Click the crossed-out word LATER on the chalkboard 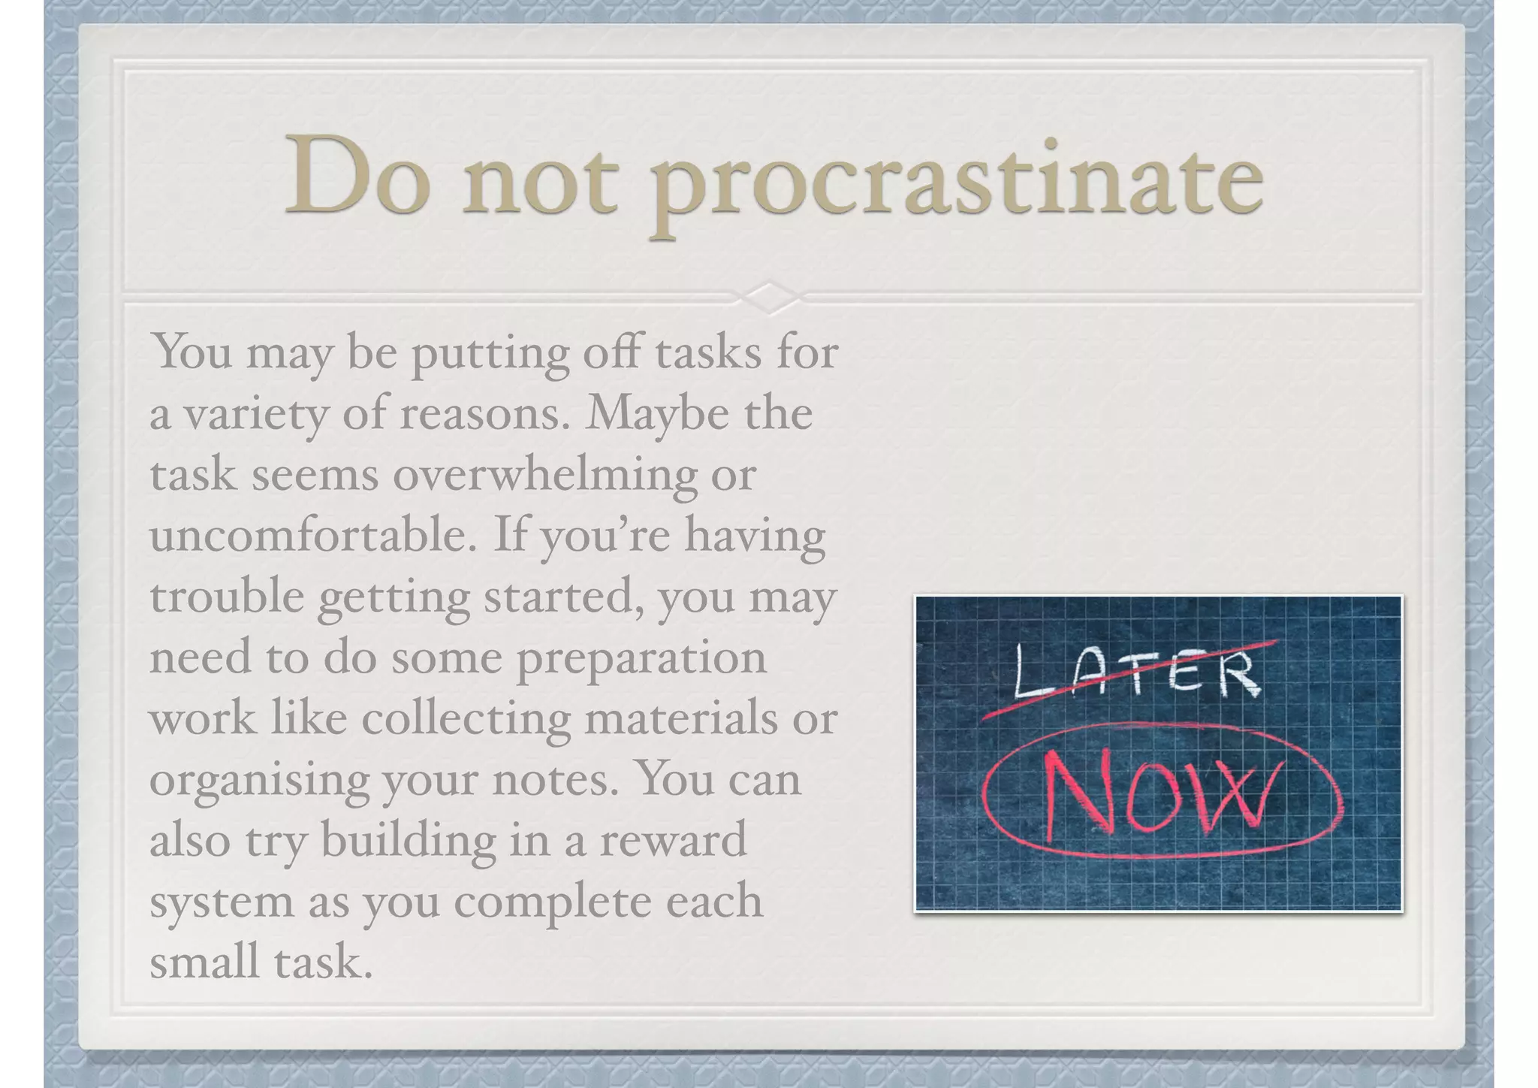[1134, 672]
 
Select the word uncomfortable [312, 535]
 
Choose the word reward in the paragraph [672, 840]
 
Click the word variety [256, 416]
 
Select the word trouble [225, 597]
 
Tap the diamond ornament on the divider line [769, 298]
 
